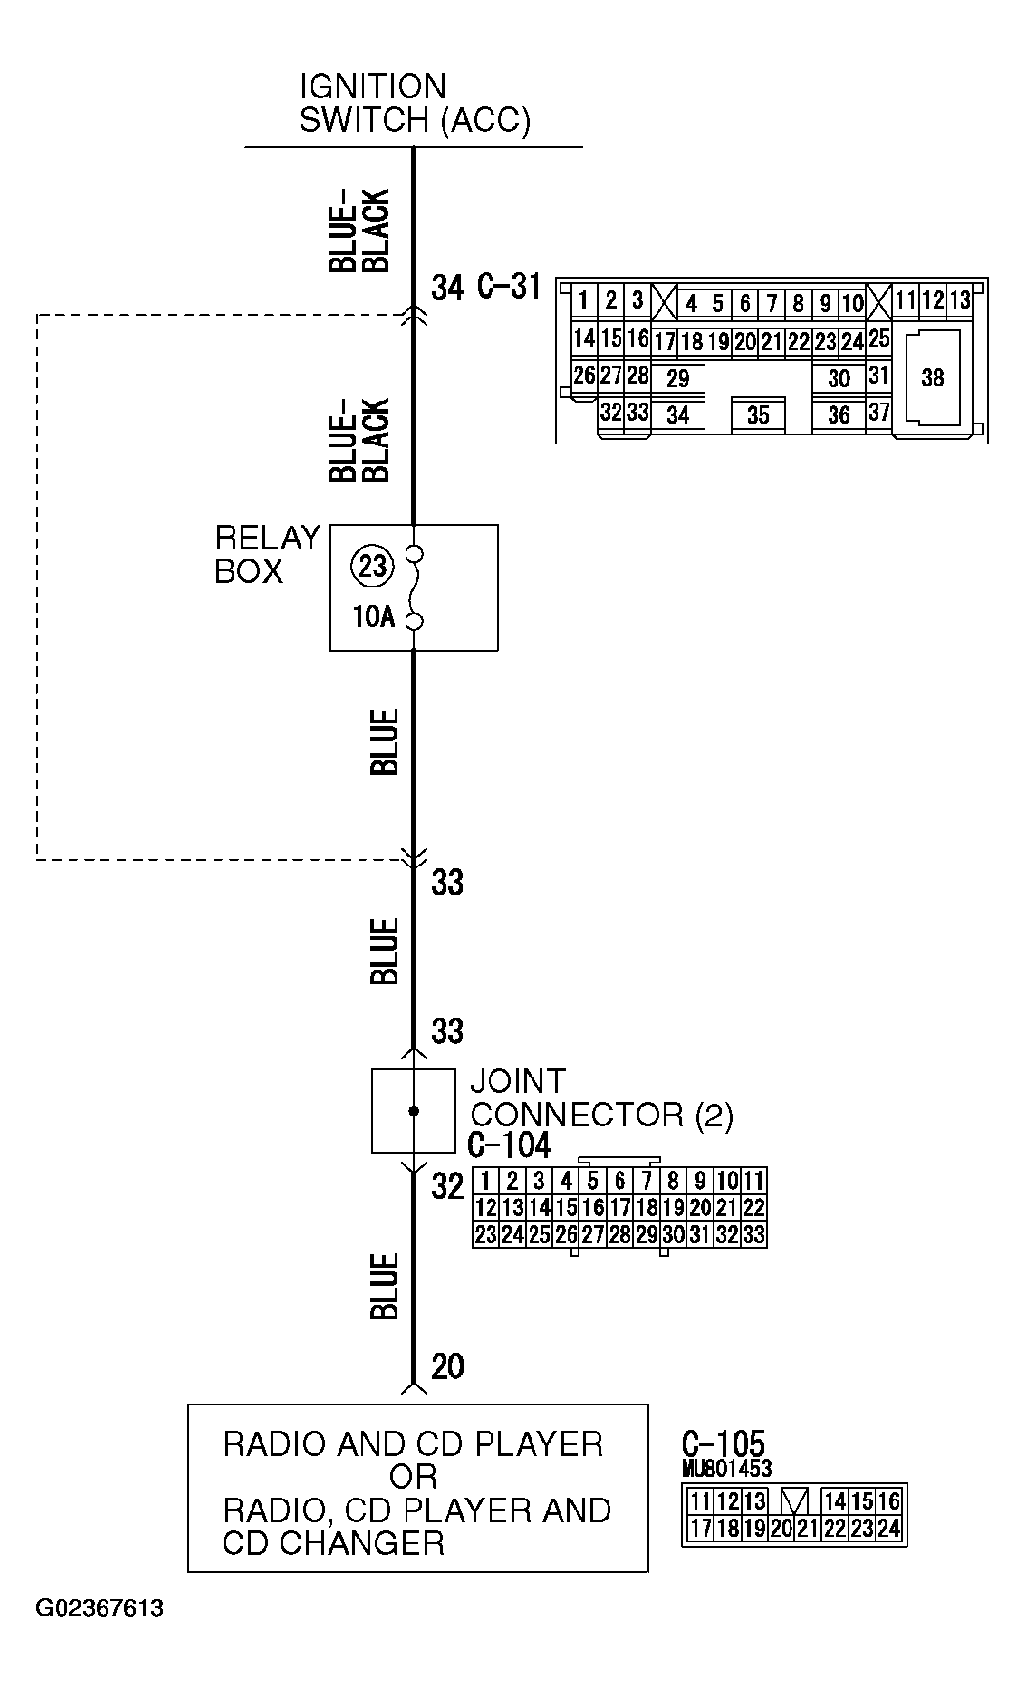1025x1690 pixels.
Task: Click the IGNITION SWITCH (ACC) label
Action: tap(414, 104)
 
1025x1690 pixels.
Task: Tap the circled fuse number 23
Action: tap(372, 567)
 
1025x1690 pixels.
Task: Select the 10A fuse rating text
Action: tap(373, 618)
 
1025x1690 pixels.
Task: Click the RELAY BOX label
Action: tap(267, 555)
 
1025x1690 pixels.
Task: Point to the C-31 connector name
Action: tap(508, 287)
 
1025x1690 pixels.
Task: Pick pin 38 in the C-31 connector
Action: tap(932, 377)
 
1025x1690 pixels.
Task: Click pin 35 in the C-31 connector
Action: tap(758, 415)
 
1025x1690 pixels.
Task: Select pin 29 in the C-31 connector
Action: tap(677, 379)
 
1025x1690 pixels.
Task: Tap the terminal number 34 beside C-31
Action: tap(448, 288)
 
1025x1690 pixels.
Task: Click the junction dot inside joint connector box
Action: tap(413, 1111)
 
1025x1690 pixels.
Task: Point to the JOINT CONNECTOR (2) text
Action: tap(601, 1098)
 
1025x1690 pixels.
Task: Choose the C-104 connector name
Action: tap(509, 1145)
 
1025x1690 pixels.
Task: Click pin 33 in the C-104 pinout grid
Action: tap(752, 1235)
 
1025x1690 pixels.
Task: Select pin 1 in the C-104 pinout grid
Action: tap(486, 1181)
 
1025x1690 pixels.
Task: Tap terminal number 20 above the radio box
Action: tap(448, 1367)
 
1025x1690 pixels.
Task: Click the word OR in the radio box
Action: tap(412, 1477)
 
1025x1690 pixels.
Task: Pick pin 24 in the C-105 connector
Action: tap(888, 1529)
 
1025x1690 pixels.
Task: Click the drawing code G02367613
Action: tap(100, 1609)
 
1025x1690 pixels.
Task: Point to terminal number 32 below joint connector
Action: tap(448, 1187)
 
